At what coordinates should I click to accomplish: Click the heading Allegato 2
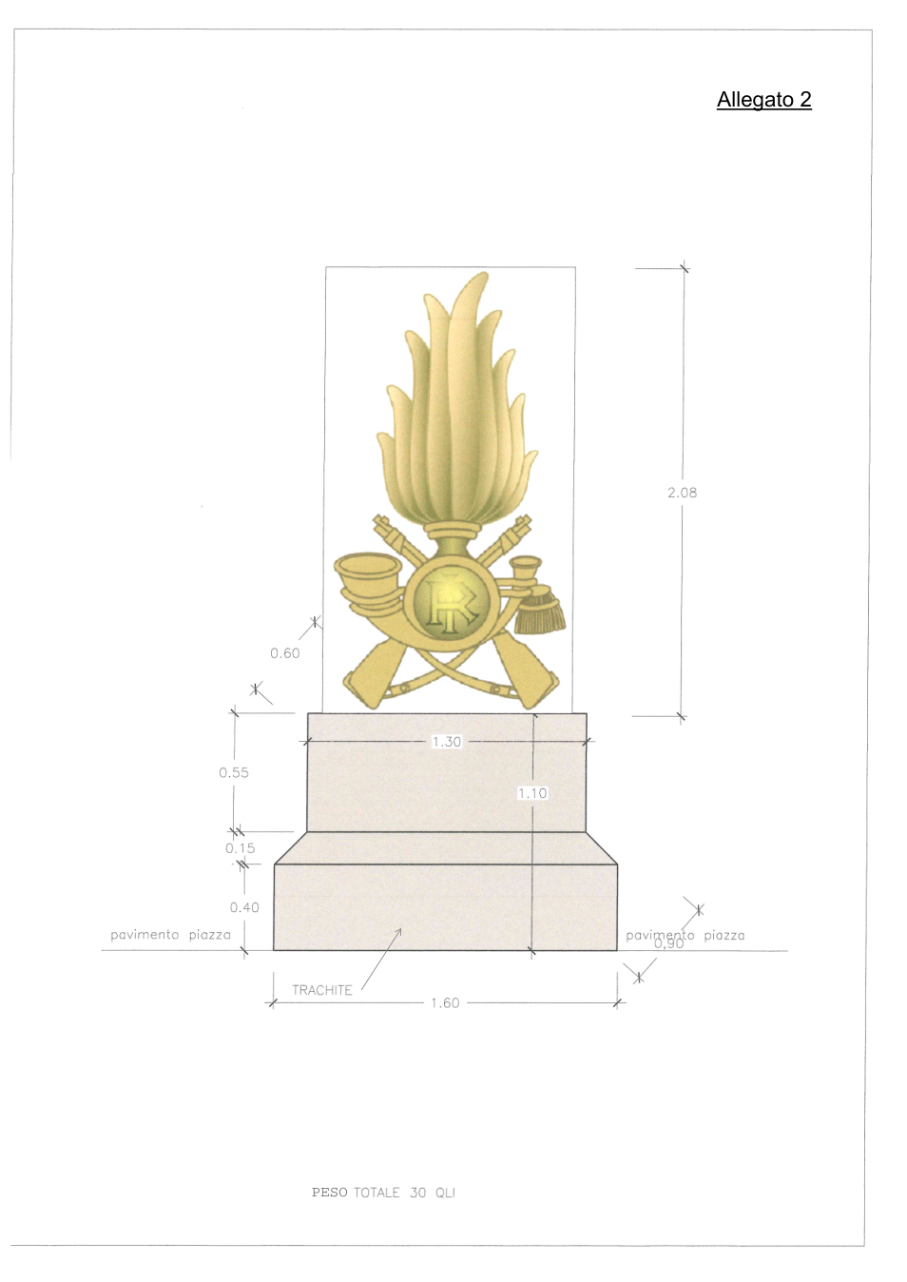pyautogui.click(x=764, y=100)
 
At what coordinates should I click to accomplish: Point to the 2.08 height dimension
pyautogui.click(x=682, y=493)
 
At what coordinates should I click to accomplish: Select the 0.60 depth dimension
pyautogui.click(x=285, y=653)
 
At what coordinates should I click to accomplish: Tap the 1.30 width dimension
pyautogui.click(x=446, y=742)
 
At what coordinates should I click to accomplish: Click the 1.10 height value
pyautogui.click(x=532, y=793)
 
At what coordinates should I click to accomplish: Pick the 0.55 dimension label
pyautogui.click(x=234, y=772)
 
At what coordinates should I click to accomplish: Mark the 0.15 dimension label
pyautogui.click(x=240, y=848)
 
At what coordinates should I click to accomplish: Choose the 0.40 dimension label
pyautogui.click(x=244, y=907)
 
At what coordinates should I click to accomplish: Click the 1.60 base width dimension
pyautogui.click(x=445, y=1002)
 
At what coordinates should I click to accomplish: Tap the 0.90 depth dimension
pyautogui.click(x=669, y=943)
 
